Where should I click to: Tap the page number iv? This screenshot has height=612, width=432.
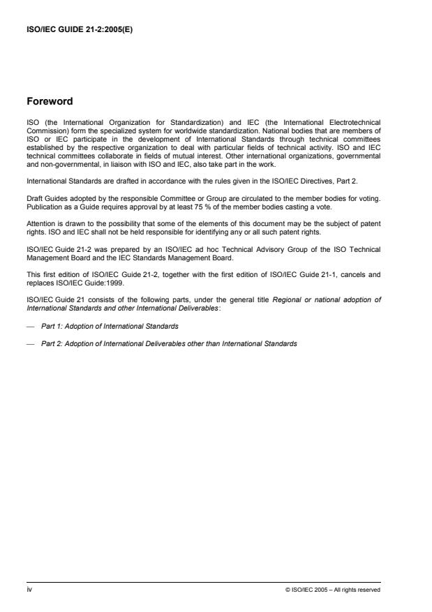tap(29, 590)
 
